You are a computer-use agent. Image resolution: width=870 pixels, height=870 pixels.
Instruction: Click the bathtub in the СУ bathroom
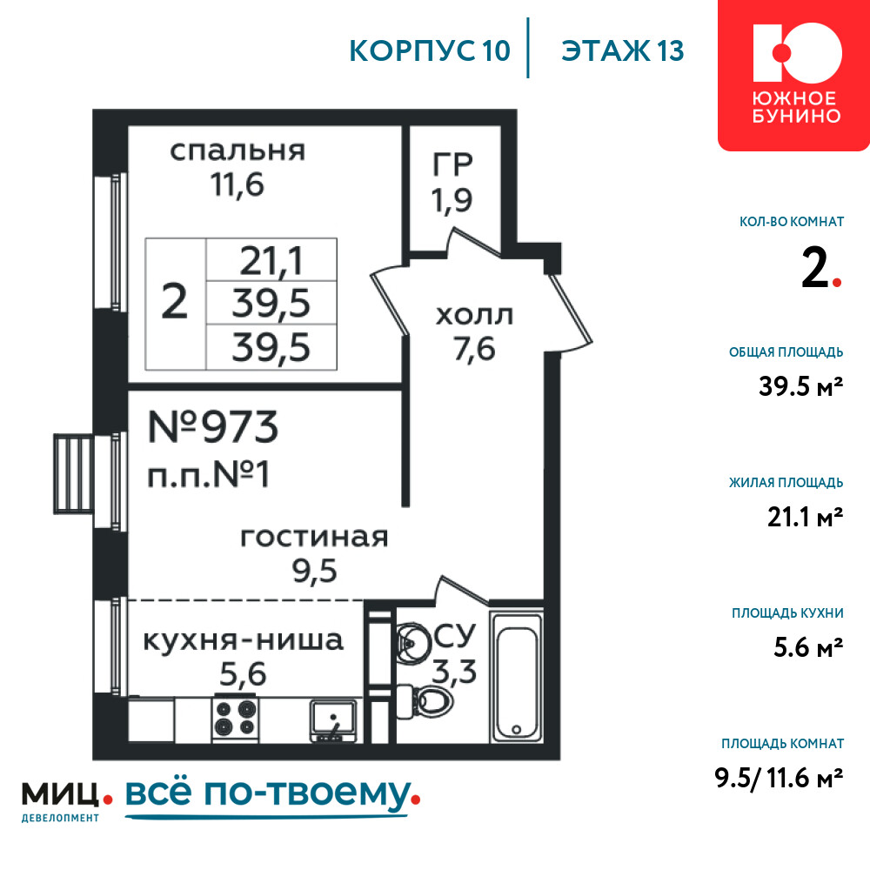click(517, 676)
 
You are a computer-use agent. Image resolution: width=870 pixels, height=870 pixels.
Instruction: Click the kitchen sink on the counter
click(333, 720)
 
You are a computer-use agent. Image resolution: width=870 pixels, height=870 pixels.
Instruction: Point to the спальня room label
click(238, 151)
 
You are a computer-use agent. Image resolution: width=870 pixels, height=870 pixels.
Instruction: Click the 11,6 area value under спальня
click(237, 184)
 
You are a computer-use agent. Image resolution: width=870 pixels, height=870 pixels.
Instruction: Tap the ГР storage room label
click(452, 164)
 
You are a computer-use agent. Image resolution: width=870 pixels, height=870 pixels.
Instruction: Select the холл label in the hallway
click(474, 316)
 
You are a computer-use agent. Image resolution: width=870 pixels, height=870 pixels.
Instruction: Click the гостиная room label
click(314, 537)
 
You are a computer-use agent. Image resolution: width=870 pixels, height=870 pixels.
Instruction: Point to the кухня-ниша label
click(244, 640)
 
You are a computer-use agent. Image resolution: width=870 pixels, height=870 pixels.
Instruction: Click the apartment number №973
click(213, 427)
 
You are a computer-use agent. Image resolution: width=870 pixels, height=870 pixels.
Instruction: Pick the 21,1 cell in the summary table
click(271, 261)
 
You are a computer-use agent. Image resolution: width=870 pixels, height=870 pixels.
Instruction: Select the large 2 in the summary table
click(175, 303)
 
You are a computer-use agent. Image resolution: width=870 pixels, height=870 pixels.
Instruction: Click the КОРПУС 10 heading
click(430, 50)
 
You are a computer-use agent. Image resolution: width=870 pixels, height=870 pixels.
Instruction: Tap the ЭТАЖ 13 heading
click(623, 50)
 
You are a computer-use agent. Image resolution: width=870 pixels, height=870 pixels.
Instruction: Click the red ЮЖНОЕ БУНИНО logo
click(794, 74)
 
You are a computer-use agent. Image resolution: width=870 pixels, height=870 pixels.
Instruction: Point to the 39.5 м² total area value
click(800, 385)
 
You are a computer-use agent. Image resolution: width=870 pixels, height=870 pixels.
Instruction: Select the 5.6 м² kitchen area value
click(808, 647)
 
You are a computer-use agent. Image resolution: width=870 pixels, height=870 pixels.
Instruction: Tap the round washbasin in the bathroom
click(413, 641)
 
